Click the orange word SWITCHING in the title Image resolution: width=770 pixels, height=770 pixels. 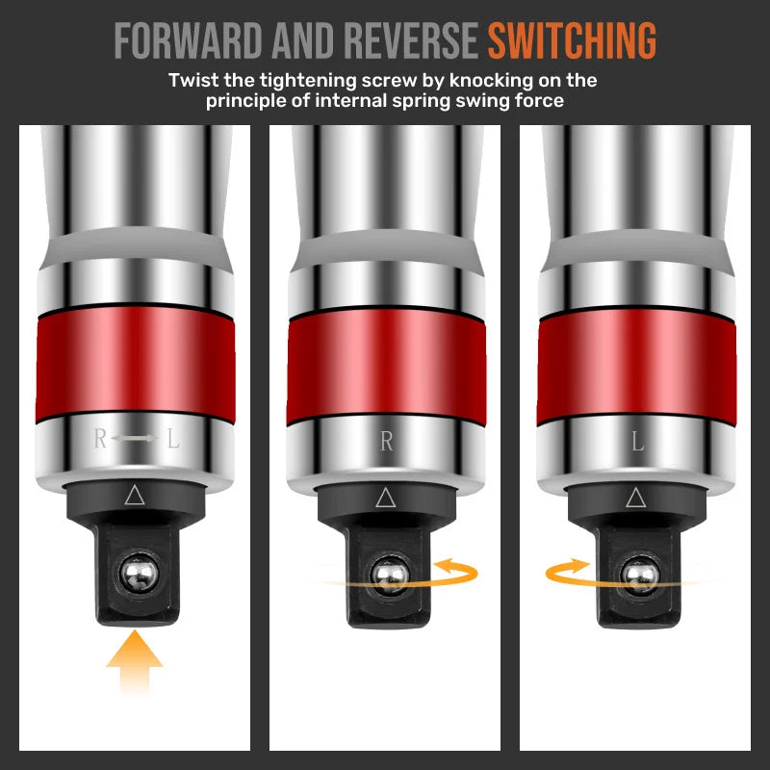point(572,39)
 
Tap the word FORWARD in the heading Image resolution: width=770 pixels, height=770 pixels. point(188,39)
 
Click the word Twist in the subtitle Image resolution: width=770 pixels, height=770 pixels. point(193,80)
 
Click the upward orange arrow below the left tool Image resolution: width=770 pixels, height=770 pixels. point(135,661)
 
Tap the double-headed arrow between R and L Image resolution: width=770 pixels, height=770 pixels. point(135,438)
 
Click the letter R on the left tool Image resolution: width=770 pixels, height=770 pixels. point(100,438)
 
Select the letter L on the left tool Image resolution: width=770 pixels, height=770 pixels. point(173,438)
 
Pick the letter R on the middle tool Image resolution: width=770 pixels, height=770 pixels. point(387,441)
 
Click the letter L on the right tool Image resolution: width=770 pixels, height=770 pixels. point(637,441)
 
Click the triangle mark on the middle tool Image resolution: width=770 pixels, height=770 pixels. point(386,498)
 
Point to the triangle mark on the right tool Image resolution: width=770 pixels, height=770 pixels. point(636,498)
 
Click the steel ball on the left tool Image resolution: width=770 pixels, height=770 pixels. point(140,573)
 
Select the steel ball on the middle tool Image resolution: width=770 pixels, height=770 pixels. point(390,576)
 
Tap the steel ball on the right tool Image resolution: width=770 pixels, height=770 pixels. point(640,576)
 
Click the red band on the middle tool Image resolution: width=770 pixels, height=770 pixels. point(387,366)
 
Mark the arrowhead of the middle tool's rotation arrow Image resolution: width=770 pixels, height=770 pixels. point(445,566)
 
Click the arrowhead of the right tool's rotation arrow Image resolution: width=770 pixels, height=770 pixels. point(579,566)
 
